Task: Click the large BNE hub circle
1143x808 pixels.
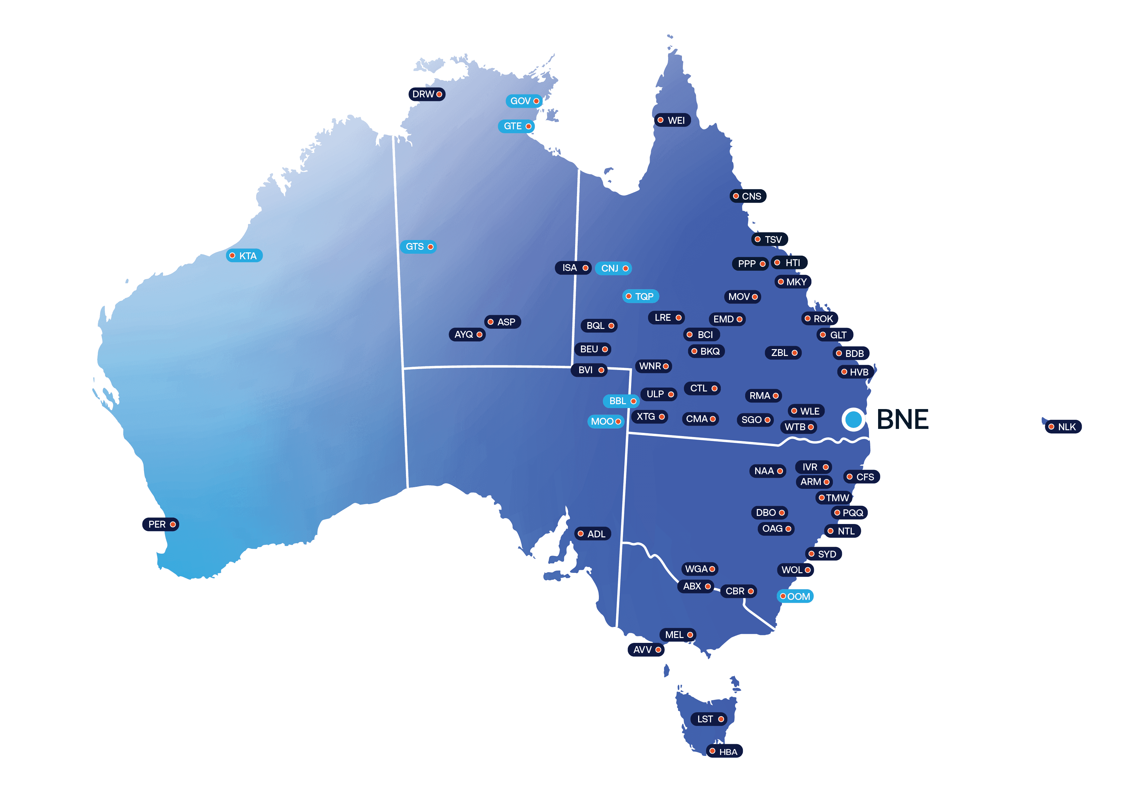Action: [853, 419]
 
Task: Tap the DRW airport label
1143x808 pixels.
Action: [427, 94]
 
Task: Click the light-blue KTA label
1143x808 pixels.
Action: [244, 256]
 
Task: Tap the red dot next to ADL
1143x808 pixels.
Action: [581, 534]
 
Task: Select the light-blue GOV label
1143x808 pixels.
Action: [524, 101]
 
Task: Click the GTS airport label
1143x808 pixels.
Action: [418, 247]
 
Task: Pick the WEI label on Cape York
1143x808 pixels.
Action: [672, 120]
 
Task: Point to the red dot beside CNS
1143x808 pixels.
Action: [736, 196]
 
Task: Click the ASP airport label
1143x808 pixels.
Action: [503, 322]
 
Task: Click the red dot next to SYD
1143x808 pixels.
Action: [811, 554]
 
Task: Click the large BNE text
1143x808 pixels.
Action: [902, 419]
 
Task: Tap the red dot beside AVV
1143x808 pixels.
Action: [658, 650]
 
